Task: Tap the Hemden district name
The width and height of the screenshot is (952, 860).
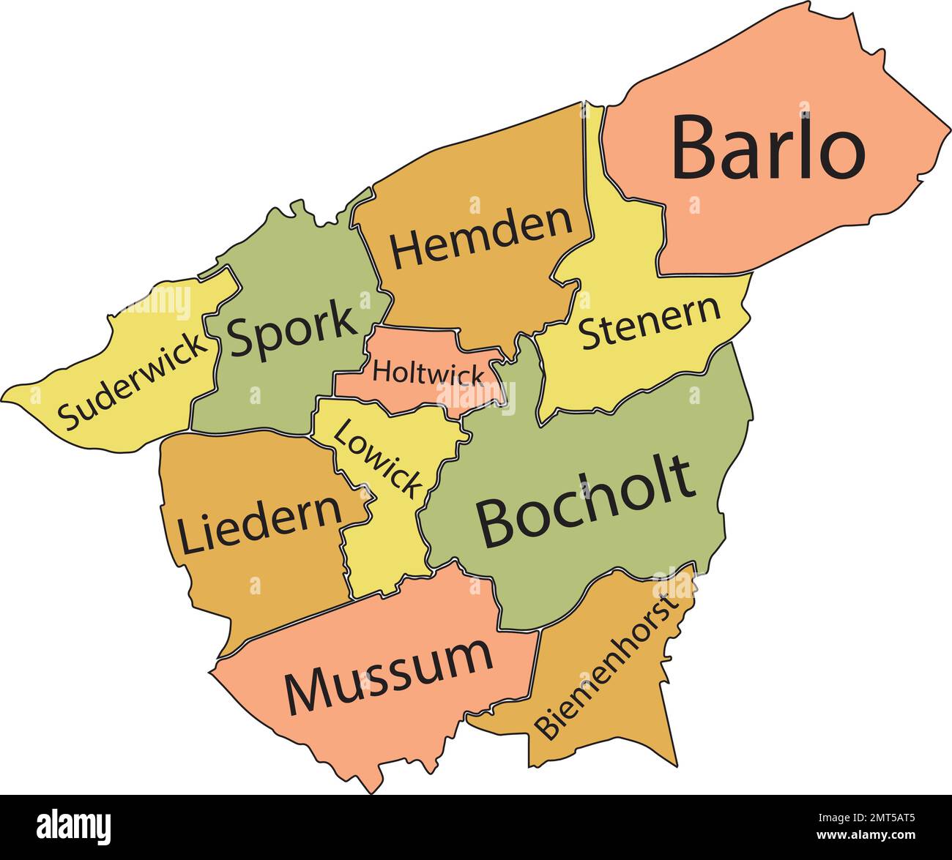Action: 481,238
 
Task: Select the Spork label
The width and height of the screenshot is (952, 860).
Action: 291,331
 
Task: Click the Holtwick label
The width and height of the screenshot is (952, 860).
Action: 428,373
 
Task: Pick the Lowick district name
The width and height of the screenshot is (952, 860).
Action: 378,459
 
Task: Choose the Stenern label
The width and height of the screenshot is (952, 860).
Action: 650,323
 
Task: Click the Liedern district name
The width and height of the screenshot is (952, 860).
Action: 260,523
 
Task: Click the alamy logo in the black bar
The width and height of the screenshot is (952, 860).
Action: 74,826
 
